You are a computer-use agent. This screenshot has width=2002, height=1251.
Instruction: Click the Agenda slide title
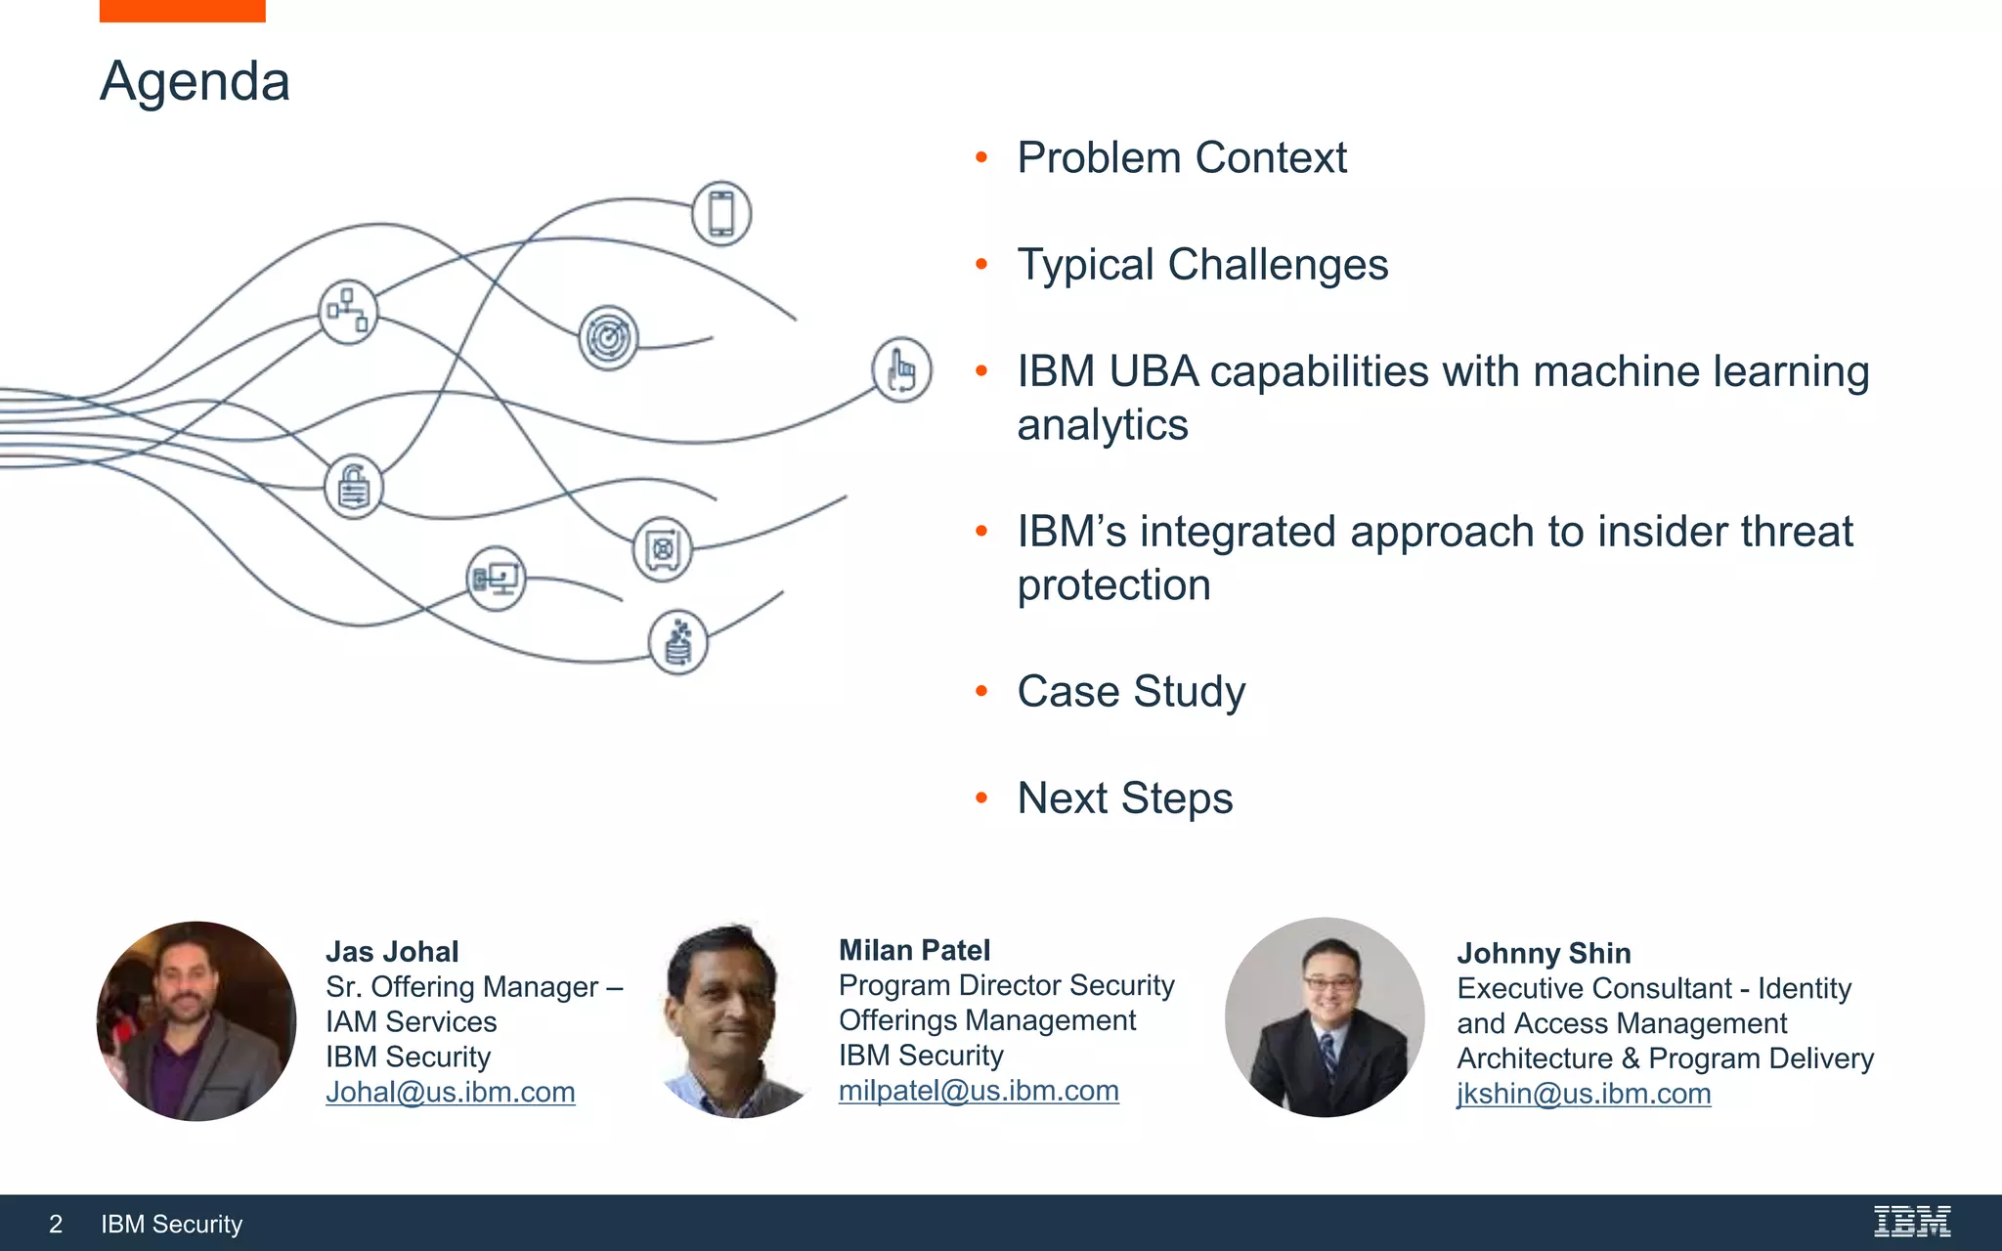(195, 82)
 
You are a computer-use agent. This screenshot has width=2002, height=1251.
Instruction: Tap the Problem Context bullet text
(1181, 158)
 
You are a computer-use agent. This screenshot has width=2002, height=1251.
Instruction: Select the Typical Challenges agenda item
(1201, 265)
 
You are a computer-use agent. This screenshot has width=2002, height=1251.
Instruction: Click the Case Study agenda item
(1130, 692)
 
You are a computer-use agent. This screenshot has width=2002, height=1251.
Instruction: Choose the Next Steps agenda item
(1124, 798)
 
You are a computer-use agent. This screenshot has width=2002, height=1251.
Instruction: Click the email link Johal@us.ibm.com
(450, 1093)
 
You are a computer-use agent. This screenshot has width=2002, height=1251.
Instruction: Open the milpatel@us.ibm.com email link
(978, 1091)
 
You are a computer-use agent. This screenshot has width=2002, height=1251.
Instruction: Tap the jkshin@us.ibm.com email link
(1583, 1094)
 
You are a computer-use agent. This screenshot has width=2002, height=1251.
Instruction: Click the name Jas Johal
(392, 952)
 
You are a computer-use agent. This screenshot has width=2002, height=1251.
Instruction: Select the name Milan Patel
(914, 950)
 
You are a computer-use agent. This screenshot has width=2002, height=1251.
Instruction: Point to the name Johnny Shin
(1543, 953)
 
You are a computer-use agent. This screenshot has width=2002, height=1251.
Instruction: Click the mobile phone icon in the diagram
(721, 213)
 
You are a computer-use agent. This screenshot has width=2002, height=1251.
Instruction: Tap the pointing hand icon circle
(901, 370)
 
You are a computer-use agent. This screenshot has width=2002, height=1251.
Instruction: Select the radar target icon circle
(608, 338)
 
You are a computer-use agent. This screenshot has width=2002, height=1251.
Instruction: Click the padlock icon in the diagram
(353, 487)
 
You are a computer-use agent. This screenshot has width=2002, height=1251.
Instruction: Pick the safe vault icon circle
(662, 549)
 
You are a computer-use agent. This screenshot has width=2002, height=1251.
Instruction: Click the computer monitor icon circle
(496, 579)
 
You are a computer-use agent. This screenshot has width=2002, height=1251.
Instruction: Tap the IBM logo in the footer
(1911, 1222)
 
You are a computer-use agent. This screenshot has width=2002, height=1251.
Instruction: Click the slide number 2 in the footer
(56, 1225)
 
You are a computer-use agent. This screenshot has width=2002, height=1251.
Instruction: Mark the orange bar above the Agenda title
(182, 11)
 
